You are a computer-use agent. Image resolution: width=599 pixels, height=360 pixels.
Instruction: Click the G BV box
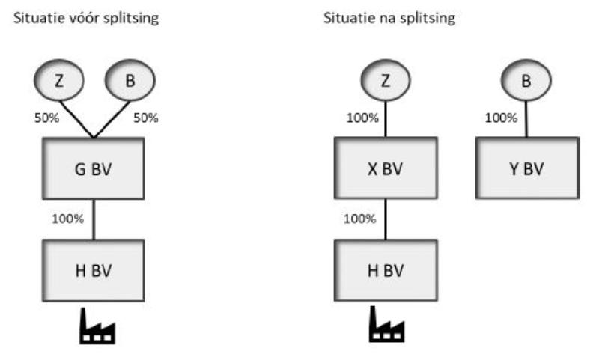pyautogui.click(x=94, y=168)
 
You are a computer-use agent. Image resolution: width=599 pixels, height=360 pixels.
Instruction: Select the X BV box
pyautogui.click(x=386, y=168)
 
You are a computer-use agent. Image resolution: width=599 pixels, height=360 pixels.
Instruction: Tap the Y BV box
pyautogui.click(x=528, y=168)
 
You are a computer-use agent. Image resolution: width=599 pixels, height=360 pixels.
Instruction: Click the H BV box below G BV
pyautogui.click(x=94, y=270)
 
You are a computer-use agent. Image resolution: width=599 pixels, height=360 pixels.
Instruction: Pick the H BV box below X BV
pyautogui.click(x=386, y=270)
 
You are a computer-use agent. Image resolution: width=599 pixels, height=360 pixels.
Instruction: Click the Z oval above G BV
pyautogui.click(x=59, y=80)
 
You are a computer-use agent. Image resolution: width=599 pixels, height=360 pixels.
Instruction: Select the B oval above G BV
pyautogui.click(x=130, y=80)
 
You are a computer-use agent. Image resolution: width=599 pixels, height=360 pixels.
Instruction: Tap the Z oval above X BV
pyautogui.click(x=386, y=80)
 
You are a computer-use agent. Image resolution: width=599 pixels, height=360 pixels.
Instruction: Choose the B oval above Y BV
pyautogui.click(x=526, y=80)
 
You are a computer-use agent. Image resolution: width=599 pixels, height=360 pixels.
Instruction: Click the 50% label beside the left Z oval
pyautogui.click(x=46, y=118)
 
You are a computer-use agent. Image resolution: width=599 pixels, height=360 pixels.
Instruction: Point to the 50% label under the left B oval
pyautogui.click(x=145, y=118)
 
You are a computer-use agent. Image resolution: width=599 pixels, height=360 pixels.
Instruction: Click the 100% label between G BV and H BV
pyautogui.click(x=67, y=219)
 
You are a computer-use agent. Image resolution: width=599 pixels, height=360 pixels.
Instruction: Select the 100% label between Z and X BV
pyautogui.click(x=362, y=118)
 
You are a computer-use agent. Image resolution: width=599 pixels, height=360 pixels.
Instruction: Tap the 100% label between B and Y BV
pyautogui.click(x=501, y=118)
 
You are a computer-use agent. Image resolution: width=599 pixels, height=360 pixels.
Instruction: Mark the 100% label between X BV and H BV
pyautogui.click(x=359, y=219)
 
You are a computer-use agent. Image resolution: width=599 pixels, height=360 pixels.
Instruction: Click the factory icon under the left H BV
pyautogui.click(x=97, y=326)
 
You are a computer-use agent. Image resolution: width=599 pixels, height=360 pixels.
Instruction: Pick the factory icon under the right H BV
pyautogui.click(x=386, y=325)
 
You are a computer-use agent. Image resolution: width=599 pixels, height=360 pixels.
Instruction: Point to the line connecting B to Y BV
pyautogui.click(x=526, y=119)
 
